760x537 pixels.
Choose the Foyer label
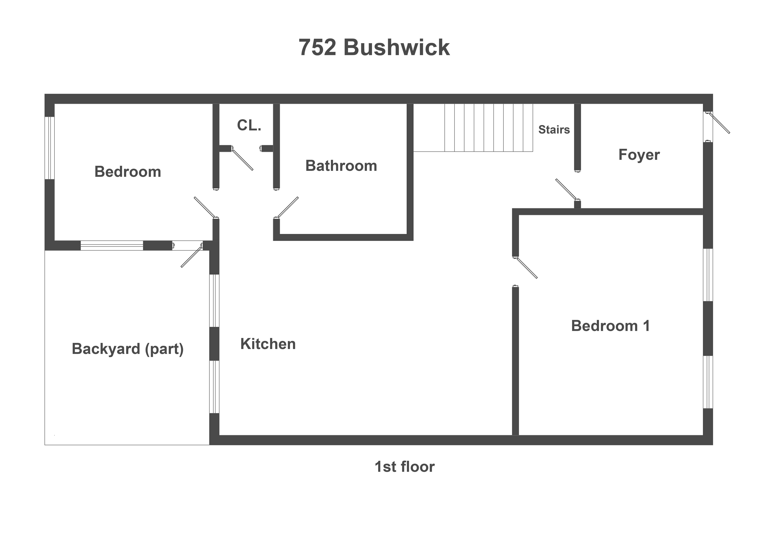point(639,155)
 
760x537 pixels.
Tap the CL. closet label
point(249,125)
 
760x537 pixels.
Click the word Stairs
point(554,130)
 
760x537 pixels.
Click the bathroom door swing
point(288,207)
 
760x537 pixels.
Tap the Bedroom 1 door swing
point(527,268)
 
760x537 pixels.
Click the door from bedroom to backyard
point(191,256)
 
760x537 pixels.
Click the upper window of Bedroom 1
point(708,275)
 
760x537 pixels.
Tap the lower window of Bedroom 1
point(708,382)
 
